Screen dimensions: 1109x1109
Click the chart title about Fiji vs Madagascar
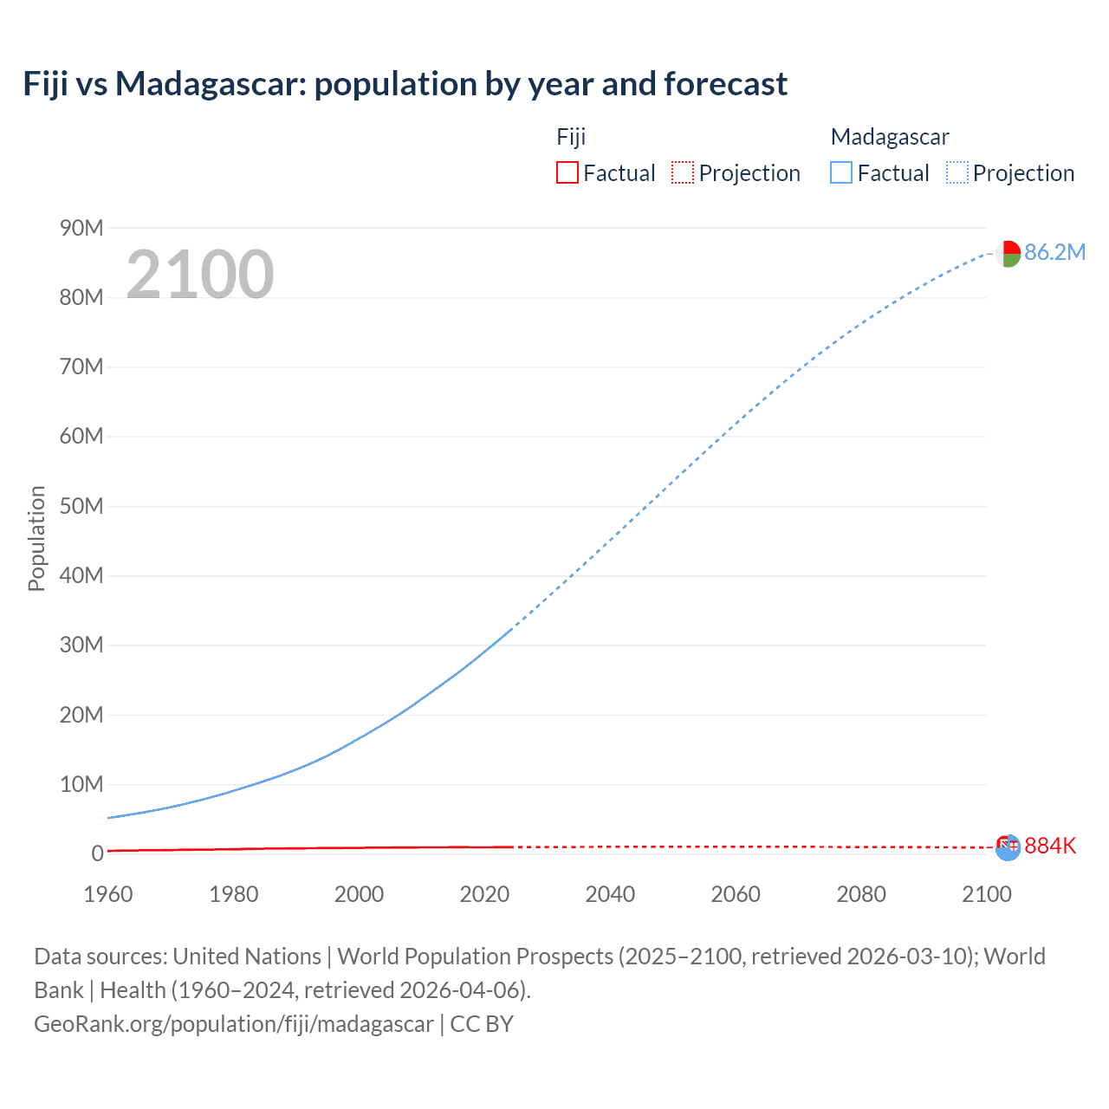[x=405, y=84]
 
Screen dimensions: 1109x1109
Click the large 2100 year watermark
[x=200, y=275]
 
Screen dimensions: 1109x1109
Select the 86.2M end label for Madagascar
[x=1054, y=252]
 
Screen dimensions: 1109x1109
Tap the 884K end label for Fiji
[x=1050, y=846]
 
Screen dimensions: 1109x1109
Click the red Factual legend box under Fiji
[x=567, y=172]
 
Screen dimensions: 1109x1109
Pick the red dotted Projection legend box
[x=683, y=172]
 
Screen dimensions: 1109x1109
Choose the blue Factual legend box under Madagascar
[x=840, y=172]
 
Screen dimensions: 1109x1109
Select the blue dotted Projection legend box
[x=957, y=172]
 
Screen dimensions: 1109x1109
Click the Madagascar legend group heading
[x=890, y=137]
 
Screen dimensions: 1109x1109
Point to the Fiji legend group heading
[x=571, y=137]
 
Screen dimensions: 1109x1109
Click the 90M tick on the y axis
[x=81, y=228]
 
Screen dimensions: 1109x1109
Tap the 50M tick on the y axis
[x=81, y=506]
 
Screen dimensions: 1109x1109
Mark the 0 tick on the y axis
[x=97, y=853]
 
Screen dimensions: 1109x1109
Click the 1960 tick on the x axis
[x=108, y=894]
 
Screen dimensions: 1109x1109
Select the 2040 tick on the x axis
[x=610, y=894]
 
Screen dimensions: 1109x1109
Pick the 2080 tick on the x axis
[x=861, y=894]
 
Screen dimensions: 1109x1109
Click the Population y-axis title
[x=36, y=538]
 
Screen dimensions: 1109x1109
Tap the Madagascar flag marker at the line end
[x=1008, y=254]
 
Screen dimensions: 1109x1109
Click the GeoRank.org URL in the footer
[x=233, y=1024]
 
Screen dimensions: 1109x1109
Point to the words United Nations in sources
[x=247, y=957]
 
